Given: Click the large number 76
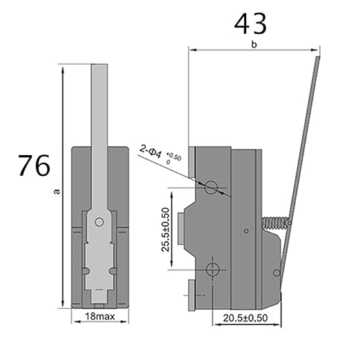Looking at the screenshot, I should [x=34, y=166].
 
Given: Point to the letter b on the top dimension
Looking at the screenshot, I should [x=254, y=43].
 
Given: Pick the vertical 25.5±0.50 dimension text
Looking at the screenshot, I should [x=166, y=230].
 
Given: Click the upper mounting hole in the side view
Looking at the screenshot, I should [x=212, y=187].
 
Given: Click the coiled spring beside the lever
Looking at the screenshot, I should [x=274, y=221].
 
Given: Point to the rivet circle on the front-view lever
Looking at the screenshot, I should [x=101, y=221].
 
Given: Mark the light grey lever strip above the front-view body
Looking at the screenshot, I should [x=101, y=103].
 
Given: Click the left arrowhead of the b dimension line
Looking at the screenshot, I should [x=191, y=50].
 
